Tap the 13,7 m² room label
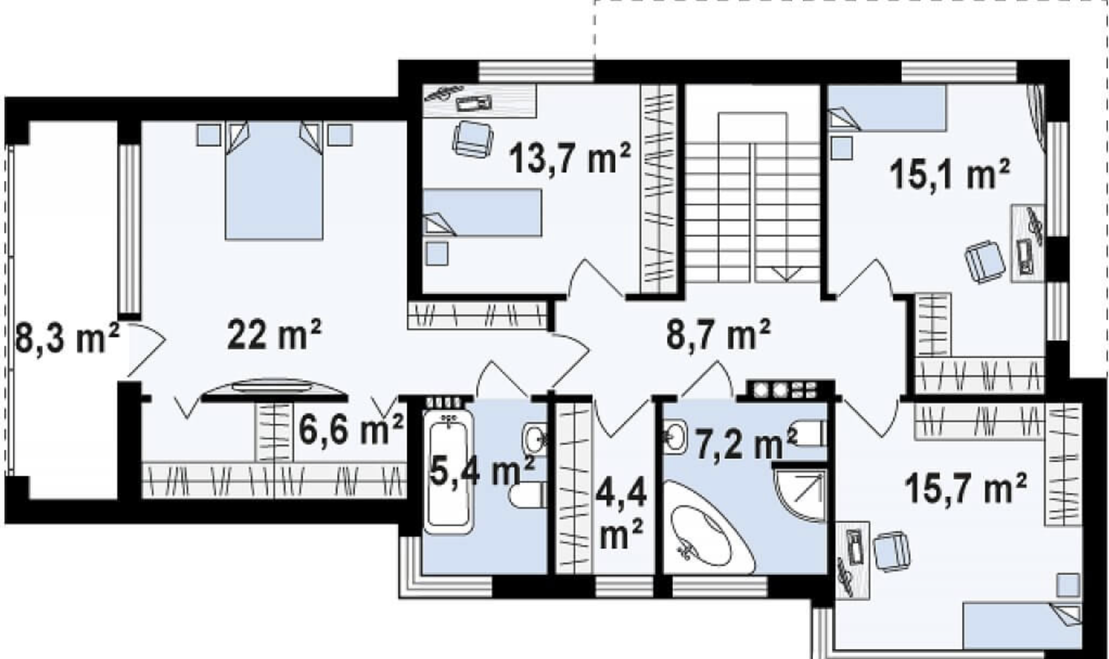point(570,158)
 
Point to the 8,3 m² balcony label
point(67,339)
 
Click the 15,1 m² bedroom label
point(950,174)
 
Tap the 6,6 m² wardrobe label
point(351,430)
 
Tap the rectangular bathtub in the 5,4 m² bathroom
point(449,472)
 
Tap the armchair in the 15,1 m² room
point(985,261)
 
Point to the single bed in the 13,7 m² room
point(482,212)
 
